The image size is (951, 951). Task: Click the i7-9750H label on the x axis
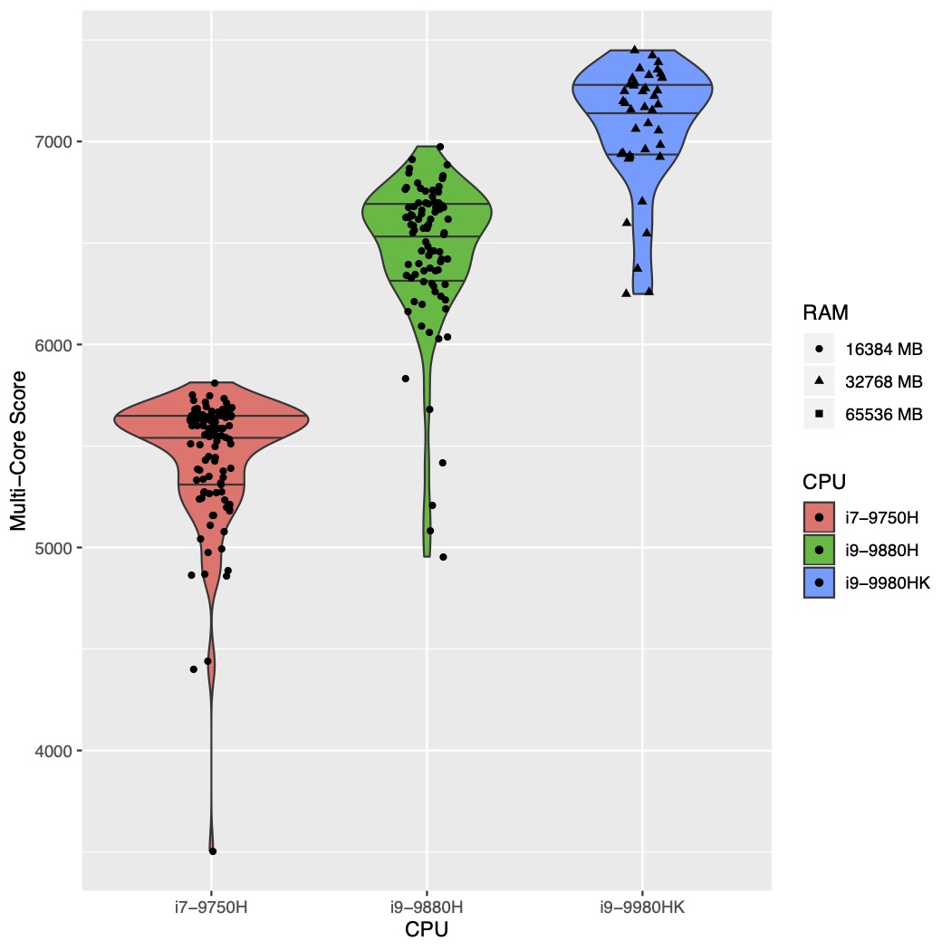click(x=211, y=907)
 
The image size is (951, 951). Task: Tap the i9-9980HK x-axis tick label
click(x=643, y=907)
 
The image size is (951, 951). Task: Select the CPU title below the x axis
click(x=427, y=930)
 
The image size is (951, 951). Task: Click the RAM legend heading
click(x=824, y=313)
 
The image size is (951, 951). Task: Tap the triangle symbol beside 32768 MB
click(x=819, y=381)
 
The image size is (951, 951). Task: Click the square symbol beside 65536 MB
click(x=819, y=414)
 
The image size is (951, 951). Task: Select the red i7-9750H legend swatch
click(x=819, y=518)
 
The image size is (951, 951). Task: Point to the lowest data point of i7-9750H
click(x=213, y=851)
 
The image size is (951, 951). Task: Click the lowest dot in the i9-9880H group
click(x=443, y=557)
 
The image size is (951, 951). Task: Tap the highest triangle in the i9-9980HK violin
click(x=635, y=50)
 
